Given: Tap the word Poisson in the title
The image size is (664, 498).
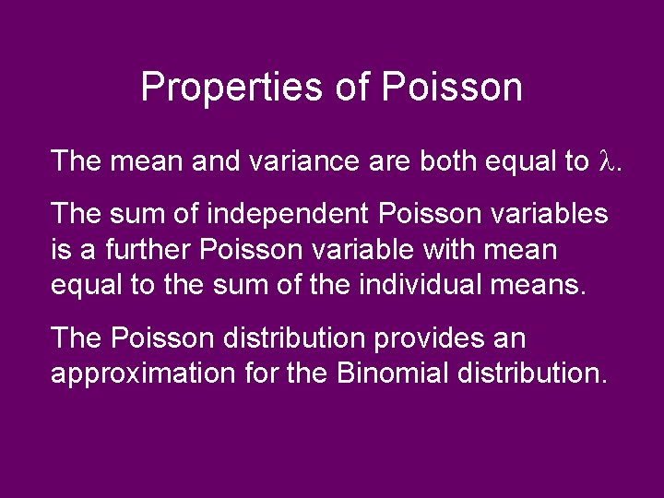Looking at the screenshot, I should pos(452,88).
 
